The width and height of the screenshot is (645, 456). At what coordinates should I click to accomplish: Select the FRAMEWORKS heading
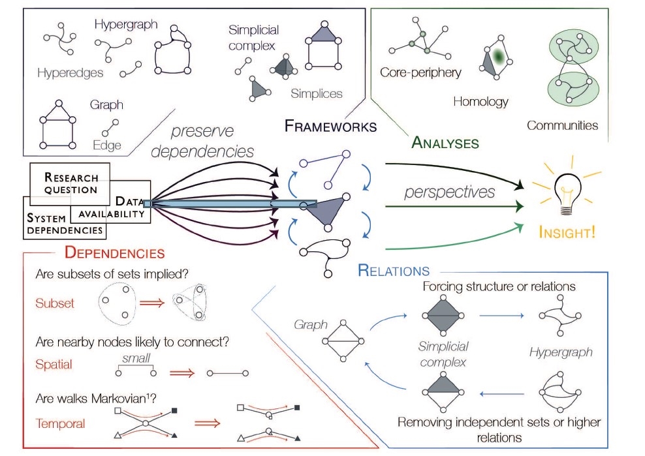coord(330,126)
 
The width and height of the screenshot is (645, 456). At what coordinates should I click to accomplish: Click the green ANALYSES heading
coord(445,142)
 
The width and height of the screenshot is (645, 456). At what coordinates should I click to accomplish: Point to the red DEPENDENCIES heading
coord(114,252)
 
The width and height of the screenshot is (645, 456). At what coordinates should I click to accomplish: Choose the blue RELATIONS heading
coord(394,271)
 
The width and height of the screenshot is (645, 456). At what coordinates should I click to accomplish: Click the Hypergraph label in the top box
coord(126,25)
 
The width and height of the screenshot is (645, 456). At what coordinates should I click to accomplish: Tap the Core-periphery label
coord(420,72)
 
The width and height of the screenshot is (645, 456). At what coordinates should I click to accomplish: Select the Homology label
coord(480,101)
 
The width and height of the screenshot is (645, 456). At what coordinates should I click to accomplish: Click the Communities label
coord(562,125)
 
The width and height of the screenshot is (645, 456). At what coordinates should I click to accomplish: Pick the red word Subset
coord(55,303)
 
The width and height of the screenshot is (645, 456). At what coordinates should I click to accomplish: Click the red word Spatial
coord(54,364)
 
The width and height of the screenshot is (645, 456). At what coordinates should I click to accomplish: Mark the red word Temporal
coord(60,423)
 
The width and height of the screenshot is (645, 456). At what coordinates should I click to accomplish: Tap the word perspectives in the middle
coord(448,192)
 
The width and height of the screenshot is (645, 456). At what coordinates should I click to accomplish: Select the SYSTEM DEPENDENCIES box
coord(64,224)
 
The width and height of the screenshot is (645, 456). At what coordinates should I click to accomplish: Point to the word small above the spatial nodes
coord(136,357)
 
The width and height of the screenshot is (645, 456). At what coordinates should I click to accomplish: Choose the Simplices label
coord(317,93)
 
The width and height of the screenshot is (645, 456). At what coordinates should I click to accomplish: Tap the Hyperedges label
coord(70,72)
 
